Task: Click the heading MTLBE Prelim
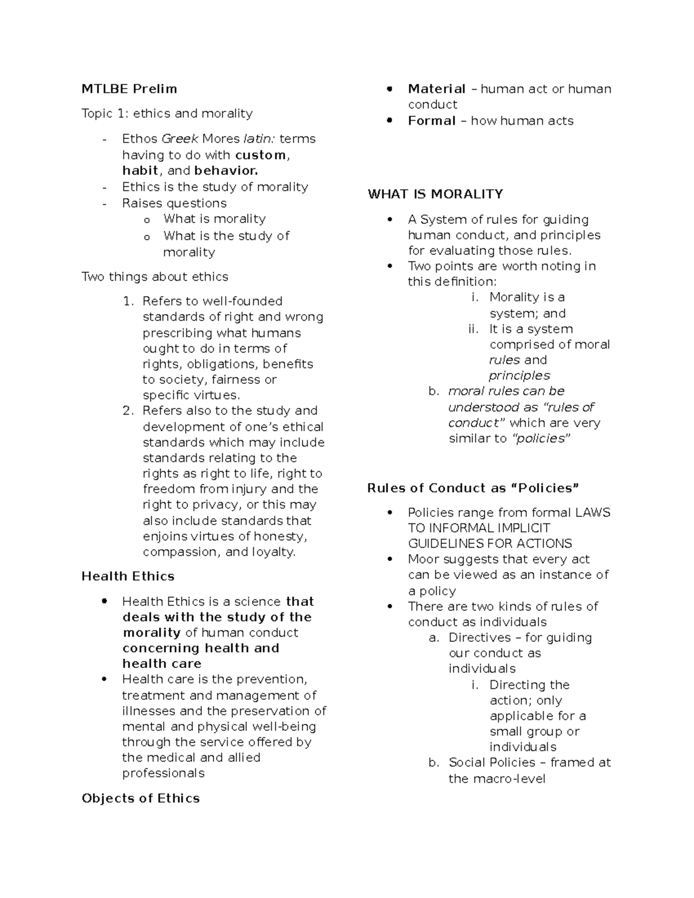click(x=129, y=89)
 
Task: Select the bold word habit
click(x=140, y=171)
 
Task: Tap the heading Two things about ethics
click(x=155, y=277)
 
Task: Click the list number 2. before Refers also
click(x=128, y=411)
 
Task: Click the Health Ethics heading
click(x=128, y=577)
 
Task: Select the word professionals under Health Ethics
click(x=163, y=774)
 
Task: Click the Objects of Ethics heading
click(x=141, y=799)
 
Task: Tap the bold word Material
click(x=437, y=89)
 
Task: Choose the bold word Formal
click(x=431, y=121)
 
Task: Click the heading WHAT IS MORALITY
click(x=435, y=194)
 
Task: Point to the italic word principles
click(x=519, y=376)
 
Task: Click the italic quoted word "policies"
click(x=541, y=439)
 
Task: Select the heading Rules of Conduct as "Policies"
click(x=472, y=488)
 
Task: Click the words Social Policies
click(x=492, y=763)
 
